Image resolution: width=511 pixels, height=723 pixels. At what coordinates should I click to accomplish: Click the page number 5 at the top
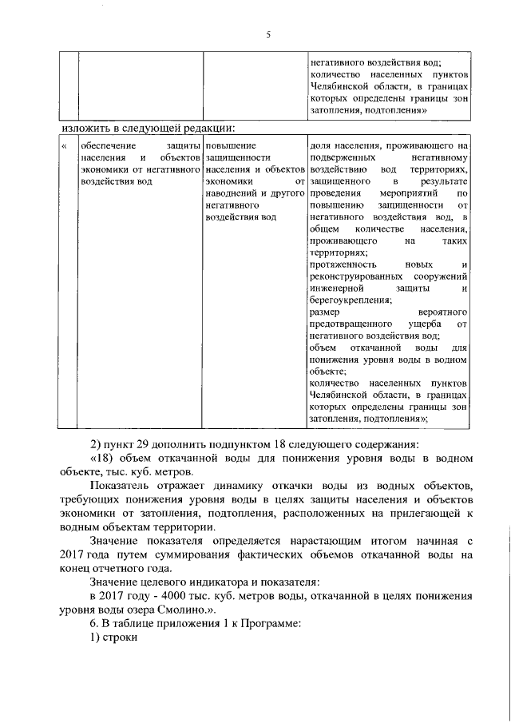tap(268, 34)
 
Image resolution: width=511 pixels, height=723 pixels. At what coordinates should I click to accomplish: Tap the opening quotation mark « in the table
tap(64, 146)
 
